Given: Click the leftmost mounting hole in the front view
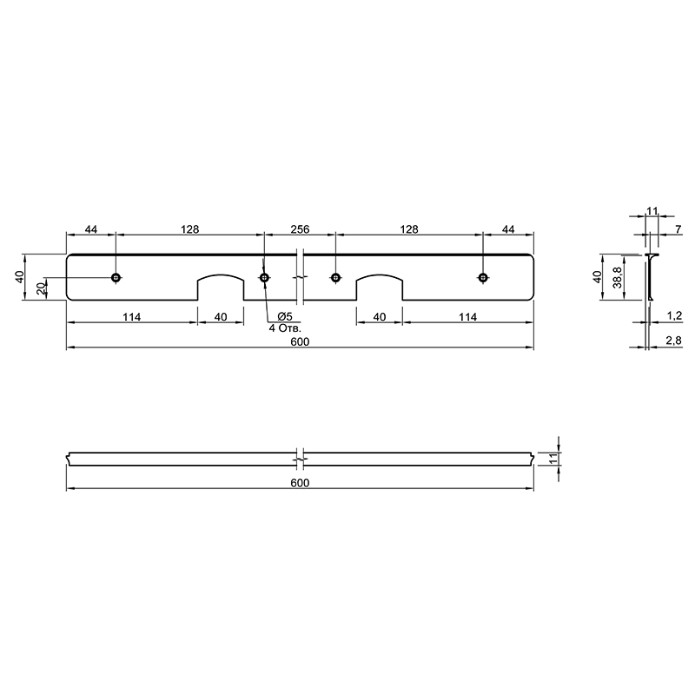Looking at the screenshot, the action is [116, 277].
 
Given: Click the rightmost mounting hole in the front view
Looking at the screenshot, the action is [483, 277].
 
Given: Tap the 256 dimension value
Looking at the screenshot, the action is [300, 229].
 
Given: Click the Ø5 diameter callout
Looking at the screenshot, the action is [285, 316].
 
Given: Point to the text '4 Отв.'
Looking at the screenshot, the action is [285, 328].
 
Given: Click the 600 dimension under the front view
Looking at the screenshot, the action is [300, 341].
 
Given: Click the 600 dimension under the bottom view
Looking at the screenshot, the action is [300, 483].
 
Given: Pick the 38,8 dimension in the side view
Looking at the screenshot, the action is [618, 277].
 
